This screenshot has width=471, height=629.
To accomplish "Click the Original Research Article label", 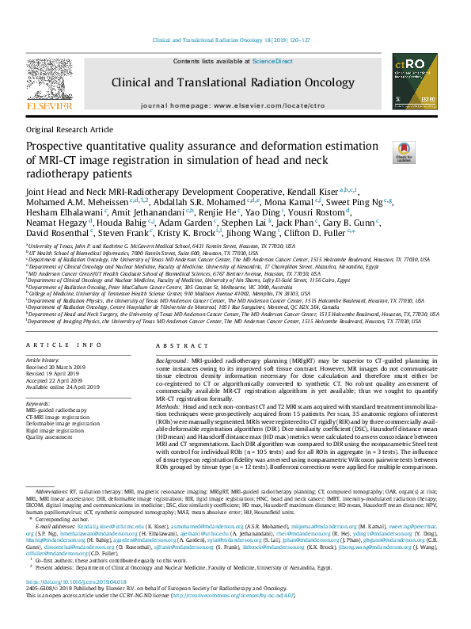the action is [x=70, y=128].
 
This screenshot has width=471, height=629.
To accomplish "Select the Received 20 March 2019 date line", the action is [x=59, y=368].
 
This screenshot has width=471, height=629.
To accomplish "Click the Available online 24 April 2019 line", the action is [x=69, y=387].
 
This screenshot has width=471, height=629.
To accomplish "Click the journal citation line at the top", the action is [x=235, y=40].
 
